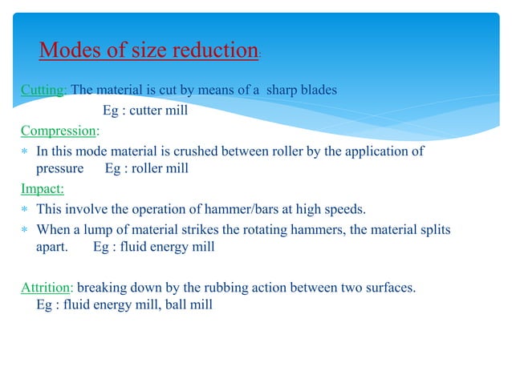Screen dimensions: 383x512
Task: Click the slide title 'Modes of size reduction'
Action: pyautogui.click(x=148, y=50)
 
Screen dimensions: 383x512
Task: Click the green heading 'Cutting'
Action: pyautogui.click(x=43, y=90)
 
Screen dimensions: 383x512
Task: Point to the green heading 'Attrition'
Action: pyautogui.click(x=47, y=286)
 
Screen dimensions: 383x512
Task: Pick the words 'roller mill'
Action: pyautogui.click(x=160, y=169)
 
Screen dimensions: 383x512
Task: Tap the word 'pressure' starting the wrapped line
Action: pyautogui.click(x=60, y=169)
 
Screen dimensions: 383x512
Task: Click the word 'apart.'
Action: pyautogui.click(x=53, y=247)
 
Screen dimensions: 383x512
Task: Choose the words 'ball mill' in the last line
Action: pyautogui.click(x=189, y=305)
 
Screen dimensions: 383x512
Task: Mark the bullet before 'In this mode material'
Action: pyautogui.click(x=26, y=151)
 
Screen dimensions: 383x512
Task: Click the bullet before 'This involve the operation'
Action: pyautogui.click(x=26, y=211)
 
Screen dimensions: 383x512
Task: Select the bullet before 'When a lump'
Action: pyautogui.click(x=26, y=231)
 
